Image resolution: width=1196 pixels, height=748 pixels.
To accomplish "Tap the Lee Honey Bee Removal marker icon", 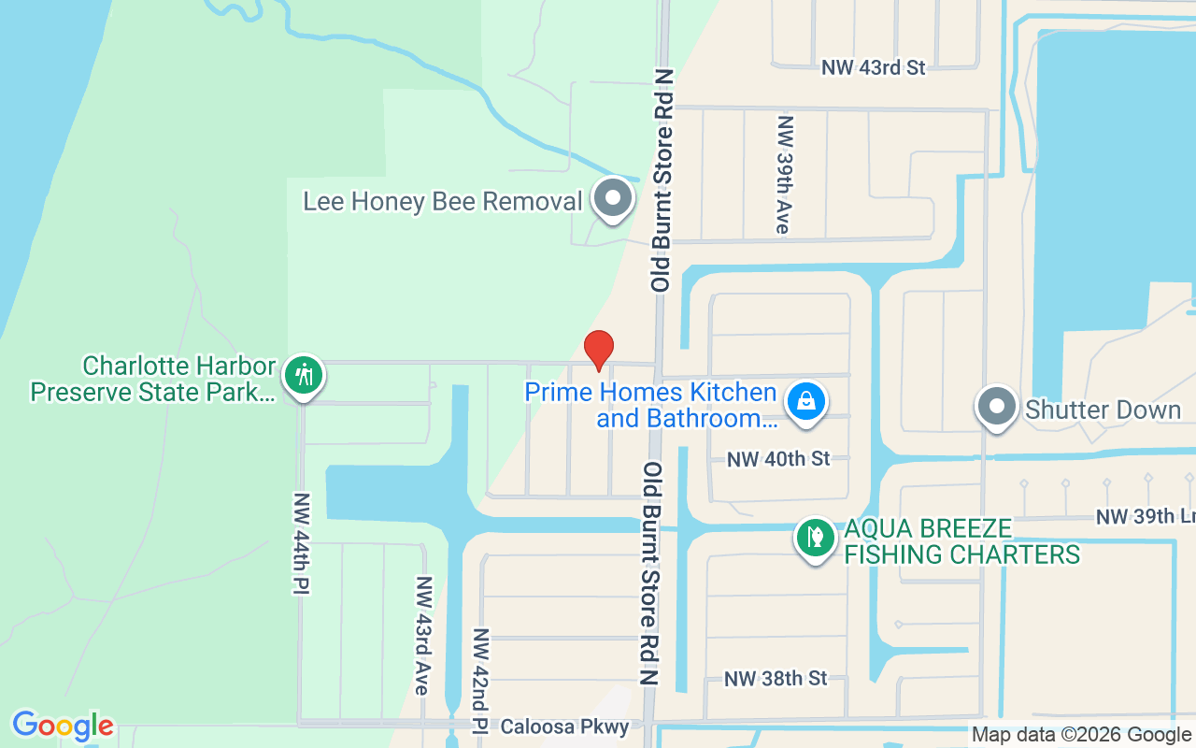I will (x=613, y=198).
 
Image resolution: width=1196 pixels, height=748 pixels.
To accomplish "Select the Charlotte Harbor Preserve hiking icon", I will (x=303, y=376).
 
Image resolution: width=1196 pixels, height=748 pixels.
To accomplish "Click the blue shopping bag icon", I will (x=805, y=402).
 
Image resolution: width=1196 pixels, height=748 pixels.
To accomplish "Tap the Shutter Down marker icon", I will (x=997, y=407).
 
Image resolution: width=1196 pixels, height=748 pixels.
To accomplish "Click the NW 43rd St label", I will (x=873, y=67).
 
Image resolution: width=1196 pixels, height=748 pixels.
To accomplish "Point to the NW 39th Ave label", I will (x=784, y=175).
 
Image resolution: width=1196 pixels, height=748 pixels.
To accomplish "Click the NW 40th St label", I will (x=778, y=459).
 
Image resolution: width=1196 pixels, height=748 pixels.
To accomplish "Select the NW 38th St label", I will (x=776, y=678).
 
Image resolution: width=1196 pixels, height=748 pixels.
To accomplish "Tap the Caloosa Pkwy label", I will (x=564, y=726).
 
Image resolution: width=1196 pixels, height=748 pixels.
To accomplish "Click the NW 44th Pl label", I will (x=301, y=543).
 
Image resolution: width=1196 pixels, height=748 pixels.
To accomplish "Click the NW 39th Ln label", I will (x=1145, y=517).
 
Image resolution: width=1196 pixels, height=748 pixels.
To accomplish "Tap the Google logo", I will (x=63, y=726).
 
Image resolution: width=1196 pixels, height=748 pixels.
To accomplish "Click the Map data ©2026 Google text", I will (x=1081, y=735).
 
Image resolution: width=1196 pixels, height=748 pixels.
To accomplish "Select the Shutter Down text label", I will (x=1103, y=410).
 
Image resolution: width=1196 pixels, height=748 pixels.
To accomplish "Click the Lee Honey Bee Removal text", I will (x=442, y=201).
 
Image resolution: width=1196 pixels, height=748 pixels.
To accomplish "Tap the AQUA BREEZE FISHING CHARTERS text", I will (x=961, y=541).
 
